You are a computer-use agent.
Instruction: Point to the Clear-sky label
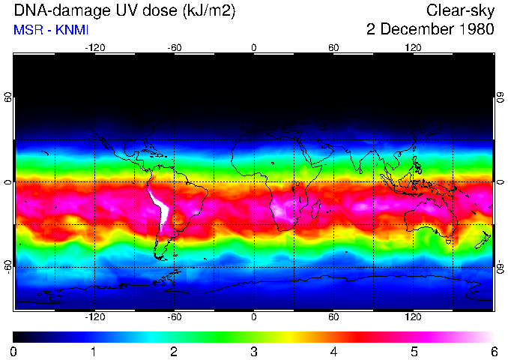coord(460,10)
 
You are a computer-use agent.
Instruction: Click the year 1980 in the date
coord(473,30)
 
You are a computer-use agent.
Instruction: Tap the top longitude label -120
coord(94,47)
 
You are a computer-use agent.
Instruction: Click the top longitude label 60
coord(333,47)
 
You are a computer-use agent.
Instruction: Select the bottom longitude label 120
coord(413,317)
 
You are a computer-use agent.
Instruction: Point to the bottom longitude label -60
coord(174,317)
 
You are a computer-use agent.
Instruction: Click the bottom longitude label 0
coord(254,317)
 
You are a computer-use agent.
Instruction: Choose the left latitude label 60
coord(8,97)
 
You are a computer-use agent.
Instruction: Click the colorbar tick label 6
coord(494,351)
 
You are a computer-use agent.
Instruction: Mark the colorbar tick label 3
coord(254,351)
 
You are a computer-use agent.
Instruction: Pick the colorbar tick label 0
coord(14,351)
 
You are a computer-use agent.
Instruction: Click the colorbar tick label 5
coord(414,351)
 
